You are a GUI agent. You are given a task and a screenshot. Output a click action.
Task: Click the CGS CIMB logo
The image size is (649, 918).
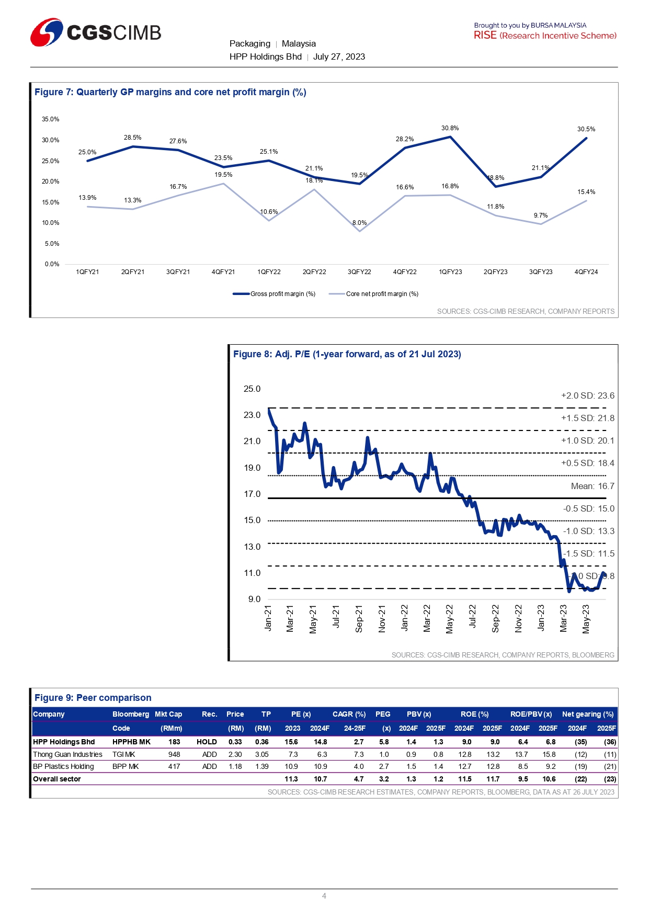[x=96, y=32]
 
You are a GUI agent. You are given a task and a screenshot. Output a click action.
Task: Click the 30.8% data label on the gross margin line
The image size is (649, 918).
[x=450, y=128]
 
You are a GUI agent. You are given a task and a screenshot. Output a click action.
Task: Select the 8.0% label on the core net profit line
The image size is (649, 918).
[x=359, y=223]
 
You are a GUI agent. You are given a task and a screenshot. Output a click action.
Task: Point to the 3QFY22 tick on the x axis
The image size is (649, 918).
[x=359, y=272]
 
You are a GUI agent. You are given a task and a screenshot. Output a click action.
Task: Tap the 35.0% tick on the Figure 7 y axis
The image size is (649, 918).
[x=51, y=119]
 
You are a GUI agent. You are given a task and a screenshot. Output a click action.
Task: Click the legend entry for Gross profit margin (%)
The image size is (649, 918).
[x=275, y=294]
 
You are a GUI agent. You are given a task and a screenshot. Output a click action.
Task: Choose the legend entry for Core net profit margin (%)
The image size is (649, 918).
[x=374, y=294]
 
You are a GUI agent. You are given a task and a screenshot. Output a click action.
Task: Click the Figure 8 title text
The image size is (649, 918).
[x=347, y=354]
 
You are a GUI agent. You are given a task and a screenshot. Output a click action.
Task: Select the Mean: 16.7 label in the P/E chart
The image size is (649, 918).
[x=593, y=486]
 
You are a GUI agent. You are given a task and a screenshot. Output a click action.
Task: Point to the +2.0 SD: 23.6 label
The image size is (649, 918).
[x=587, y=396]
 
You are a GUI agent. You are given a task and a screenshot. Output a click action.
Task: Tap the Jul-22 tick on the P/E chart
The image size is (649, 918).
[x=472, y=616]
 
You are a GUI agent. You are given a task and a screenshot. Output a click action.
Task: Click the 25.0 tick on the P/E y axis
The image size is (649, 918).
[x=252, y=389]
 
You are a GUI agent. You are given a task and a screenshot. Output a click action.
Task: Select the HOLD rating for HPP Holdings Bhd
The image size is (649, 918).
[x=207, y=742]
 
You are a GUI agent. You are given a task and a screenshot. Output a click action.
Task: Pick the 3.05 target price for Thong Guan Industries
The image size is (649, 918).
[x=262, y=754]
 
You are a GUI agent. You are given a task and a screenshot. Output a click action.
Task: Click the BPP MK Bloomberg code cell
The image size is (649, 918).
[x=126, y=767]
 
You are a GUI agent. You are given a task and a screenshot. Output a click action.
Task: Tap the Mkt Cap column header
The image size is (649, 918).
[x=168, y=715]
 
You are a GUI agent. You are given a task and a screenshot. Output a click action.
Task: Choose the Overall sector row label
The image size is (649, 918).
[x=57, y=779]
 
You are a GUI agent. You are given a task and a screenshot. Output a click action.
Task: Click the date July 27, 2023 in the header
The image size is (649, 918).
[x=339, y=57]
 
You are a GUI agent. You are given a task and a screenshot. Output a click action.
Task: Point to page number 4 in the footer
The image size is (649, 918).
[x=324, y=896]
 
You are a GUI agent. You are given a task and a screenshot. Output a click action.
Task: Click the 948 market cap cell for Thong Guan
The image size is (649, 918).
[x=174, y=754]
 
